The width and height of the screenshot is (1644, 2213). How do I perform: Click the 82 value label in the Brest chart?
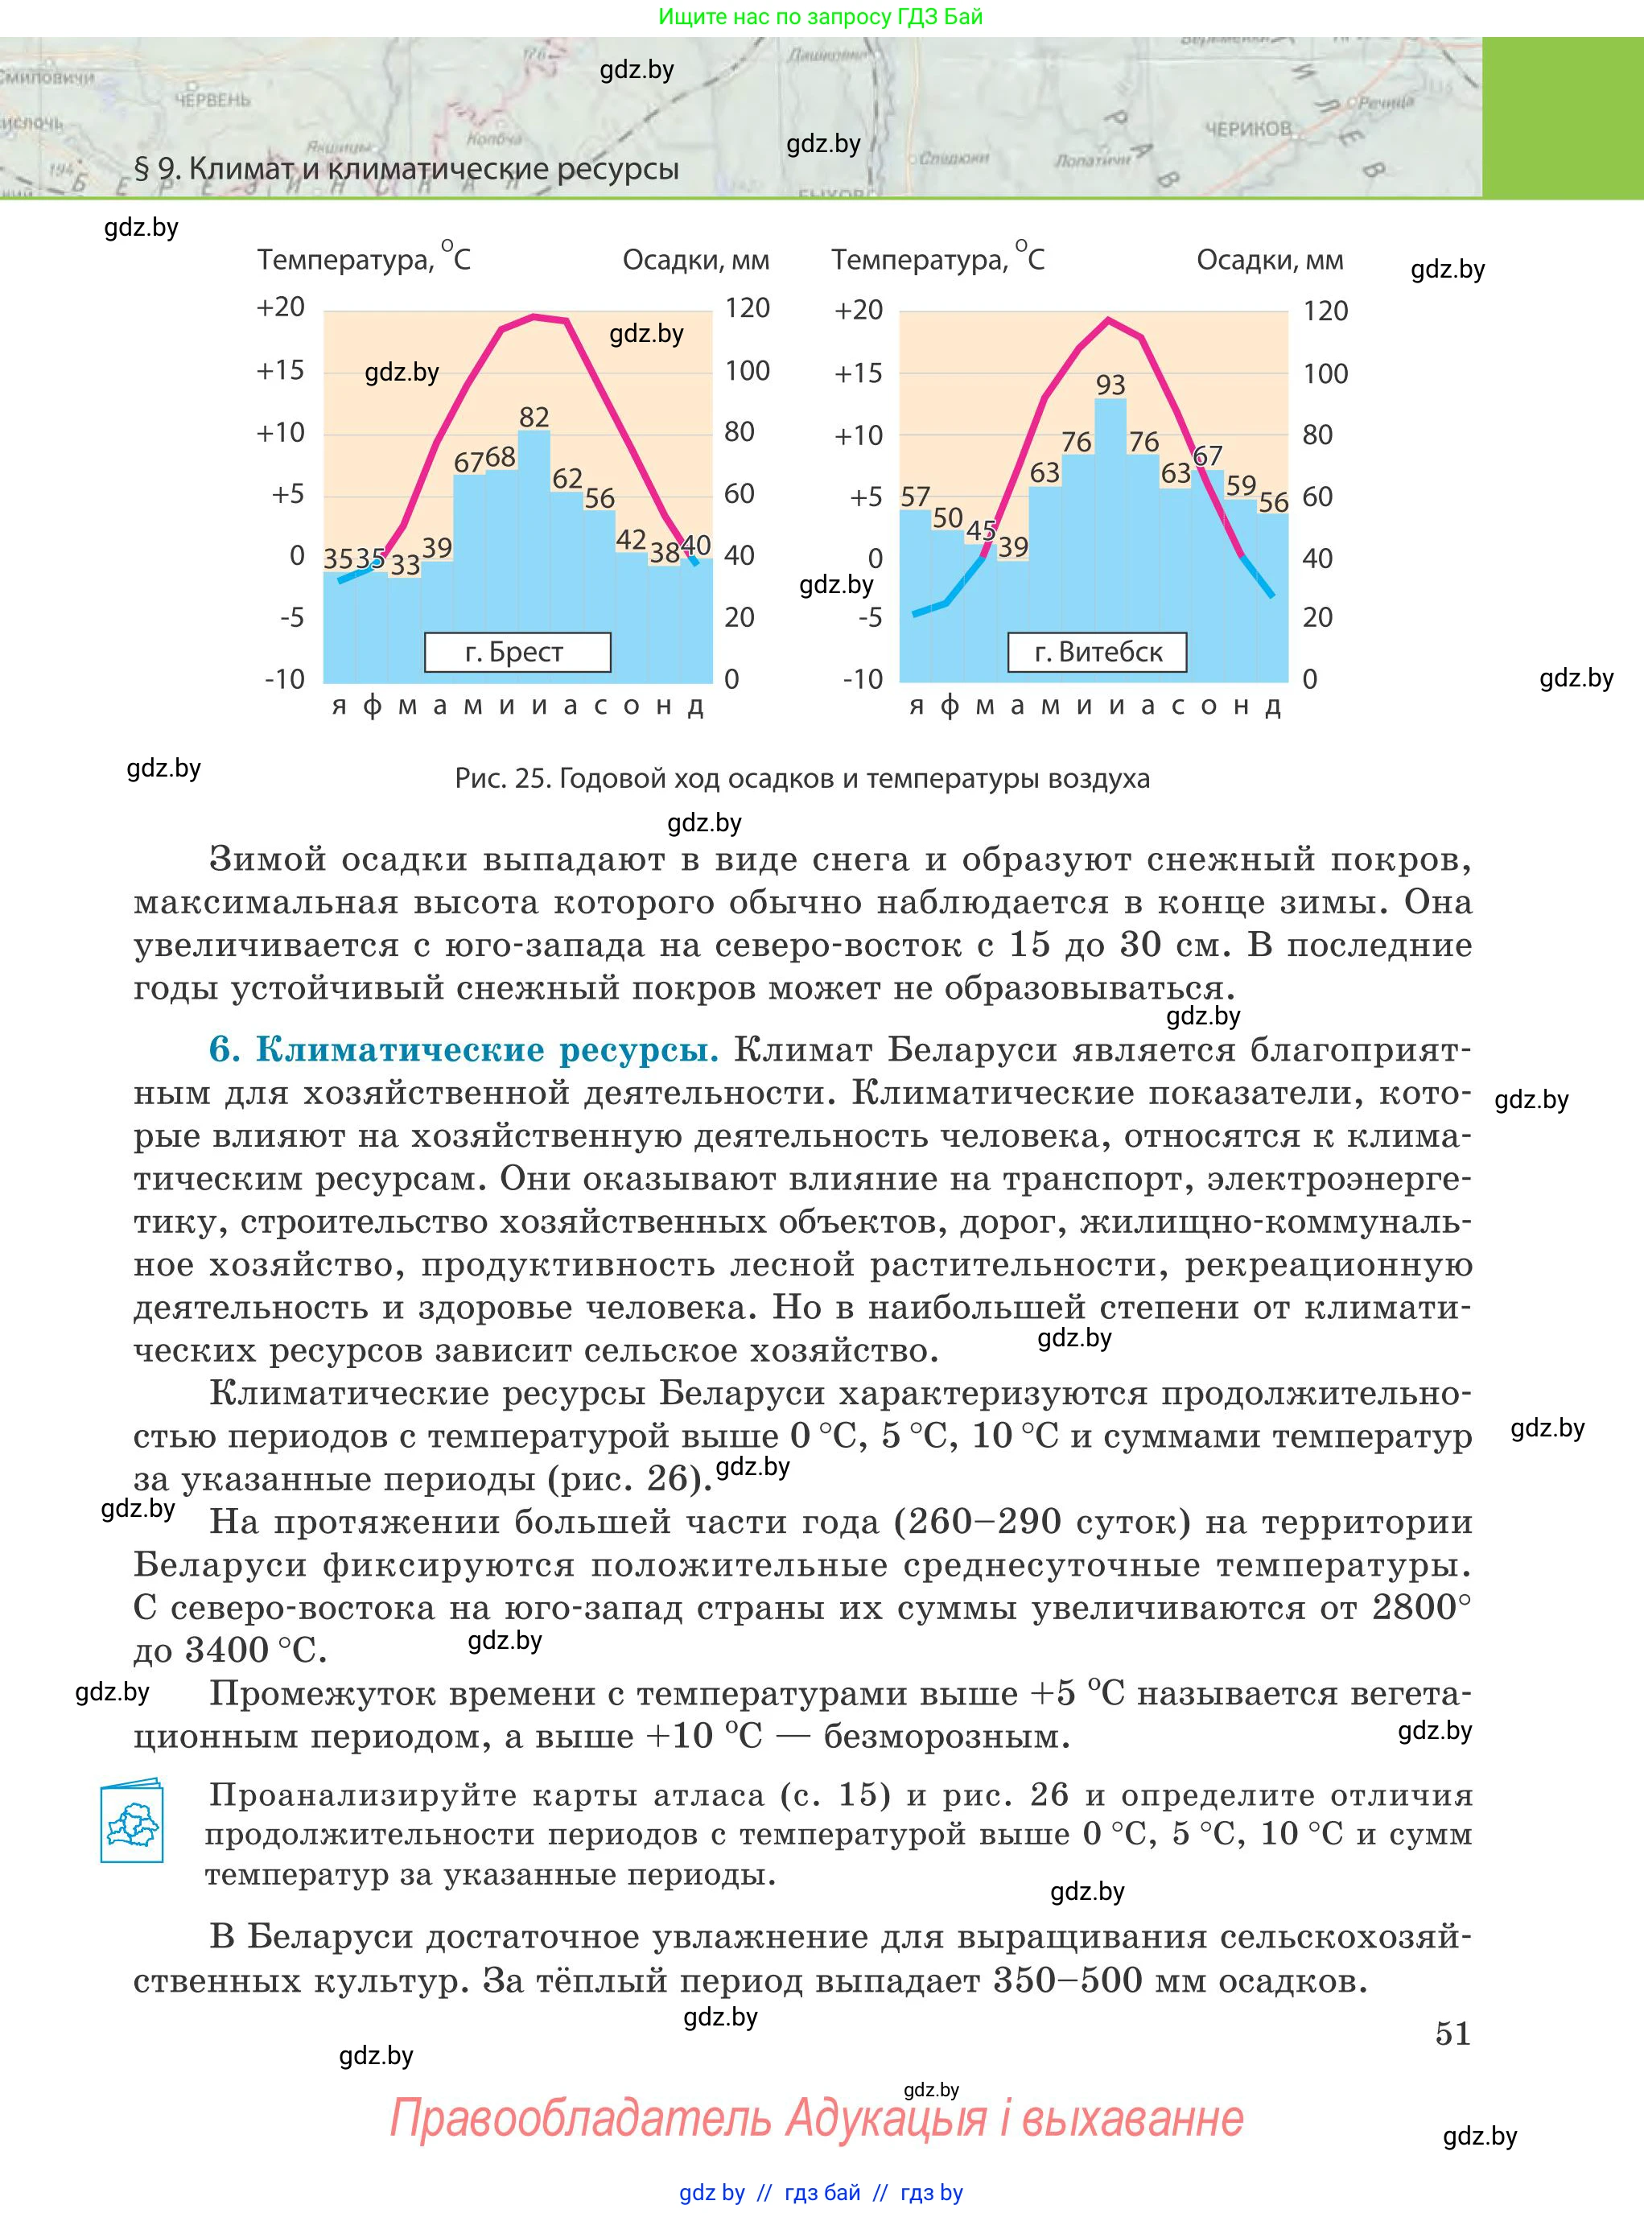tap(534, 417)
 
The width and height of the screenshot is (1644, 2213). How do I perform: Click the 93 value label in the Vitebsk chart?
tap(1110, 385)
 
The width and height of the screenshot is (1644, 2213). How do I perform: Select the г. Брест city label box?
tap(517, 653)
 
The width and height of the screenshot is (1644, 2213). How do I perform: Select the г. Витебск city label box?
tap(1098, 653)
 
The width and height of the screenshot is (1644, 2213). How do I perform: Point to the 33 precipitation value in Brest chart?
tap(405, 565)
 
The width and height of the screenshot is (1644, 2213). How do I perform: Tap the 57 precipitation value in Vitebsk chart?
tap(916, 497)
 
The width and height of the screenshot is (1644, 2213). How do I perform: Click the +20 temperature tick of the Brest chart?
tap(281, 307)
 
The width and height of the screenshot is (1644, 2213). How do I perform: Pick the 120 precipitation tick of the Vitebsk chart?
tap(1325, 311)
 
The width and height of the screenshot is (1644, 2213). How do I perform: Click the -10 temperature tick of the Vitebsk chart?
tap(863, 680)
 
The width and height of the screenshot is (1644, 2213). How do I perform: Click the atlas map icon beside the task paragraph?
tap(131, 1820)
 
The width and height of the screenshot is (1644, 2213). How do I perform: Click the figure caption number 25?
tap(534, 778)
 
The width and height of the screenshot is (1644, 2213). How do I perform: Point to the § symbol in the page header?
tap(142, 169)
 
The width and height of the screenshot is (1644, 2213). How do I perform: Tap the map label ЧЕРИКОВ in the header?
tap(1248, 130)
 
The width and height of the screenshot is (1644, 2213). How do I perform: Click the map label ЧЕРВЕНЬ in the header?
tap(212, 101)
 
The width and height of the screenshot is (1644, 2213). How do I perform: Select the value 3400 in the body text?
tap(227, 1650)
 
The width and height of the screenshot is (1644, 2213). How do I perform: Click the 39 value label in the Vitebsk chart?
tap(1013, 547)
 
